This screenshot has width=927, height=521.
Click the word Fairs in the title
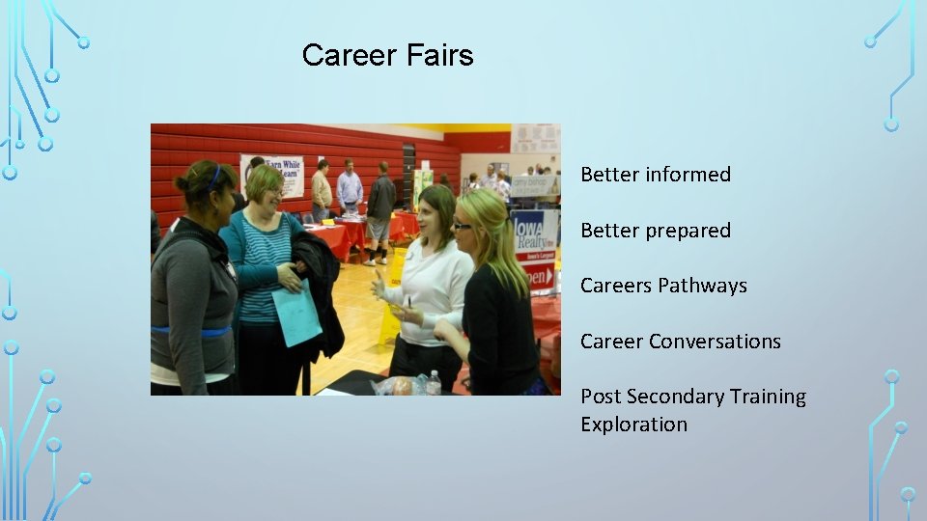(x=438, y=55)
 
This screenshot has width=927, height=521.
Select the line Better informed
(x=656, y=175)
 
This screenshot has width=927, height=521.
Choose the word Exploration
(x=633, y=425)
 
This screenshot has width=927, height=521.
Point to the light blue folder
(x=296, y=313)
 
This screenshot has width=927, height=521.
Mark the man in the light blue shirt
(x=350, y=188)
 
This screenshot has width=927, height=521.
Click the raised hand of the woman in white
(x=379, y=286)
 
